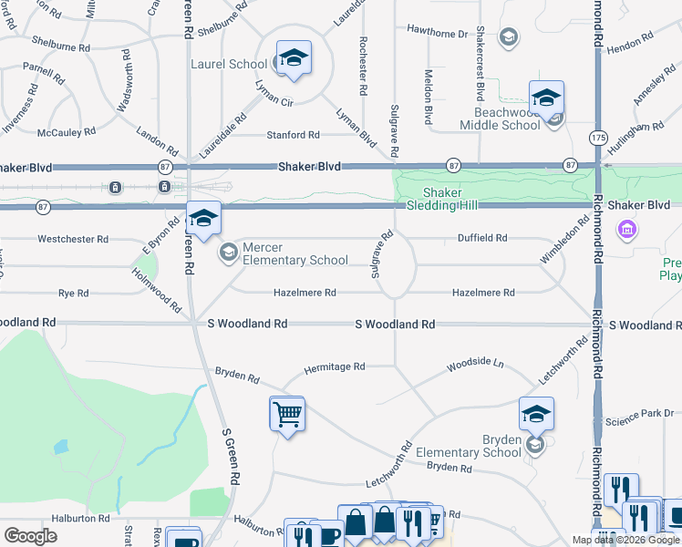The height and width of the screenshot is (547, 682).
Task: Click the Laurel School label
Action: coord(229,64)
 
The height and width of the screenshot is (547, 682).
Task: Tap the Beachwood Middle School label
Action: coord(501,119)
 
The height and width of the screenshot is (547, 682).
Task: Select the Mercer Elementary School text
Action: coord(295,253)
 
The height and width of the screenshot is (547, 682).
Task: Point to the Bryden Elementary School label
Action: coord(469,446)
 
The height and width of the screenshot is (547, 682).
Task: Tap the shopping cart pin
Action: coord(287,415)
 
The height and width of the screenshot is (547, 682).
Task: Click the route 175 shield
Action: coord(598,137)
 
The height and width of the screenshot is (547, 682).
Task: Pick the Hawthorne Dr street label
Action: coord(437,33)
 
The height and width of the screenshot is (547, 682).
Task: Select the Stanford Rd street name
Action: coord(293,135)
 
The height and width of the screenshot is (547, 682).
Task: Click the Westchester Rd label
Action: coord(73,239)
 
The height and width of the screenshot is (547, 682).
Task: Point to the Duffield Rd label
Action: coord(482,238)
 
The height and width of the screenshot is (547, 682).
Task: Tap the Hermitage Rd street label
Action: coord(334,366)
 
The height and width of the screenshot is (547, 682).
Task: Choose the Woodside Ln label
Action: coord(474,365)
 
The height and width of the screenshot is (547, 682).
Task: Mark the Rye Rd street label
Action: coord(73,294)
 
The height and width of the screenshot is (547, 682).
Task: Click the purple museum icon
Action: coord(626,229)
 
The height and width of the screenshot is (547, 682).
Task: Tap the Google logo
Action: coord(30,536)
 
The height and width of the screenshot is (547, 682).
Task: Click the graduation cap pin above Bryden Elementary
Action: coord(537,415)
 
